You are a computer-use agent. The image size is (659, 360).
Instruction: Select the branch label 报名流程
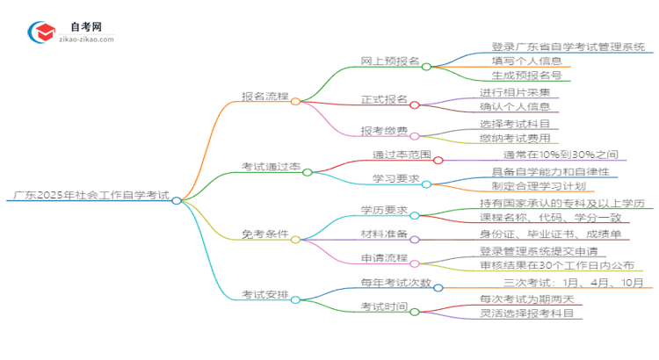pyautogui.click(x=265, y=96)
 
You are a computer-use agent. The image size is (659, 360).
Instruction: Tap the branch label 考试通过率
pyautogui.click(x=270, y=167)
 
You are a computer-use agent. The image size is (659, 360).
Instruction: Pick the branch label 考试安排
pyautogui.click(x=265, y=296)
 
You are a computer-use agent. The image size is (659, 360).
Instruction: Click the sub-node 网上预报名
pyautogui.click(x=390, y=61)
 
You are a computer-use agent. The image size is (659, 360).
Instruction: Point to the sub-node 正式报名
pyautogui.click(x=385, y=99)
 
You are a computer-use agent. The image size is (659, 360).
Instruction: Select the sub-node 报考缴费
pyautogui.click(x=384, y=131)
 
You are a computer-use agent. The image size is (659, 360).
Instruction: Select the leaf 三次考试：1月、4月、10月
pyautogui.click(x=576, y=282)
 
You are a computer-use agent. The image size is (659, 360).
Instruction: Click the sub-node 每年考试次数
pyautogui.click(x=395, y=282)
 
